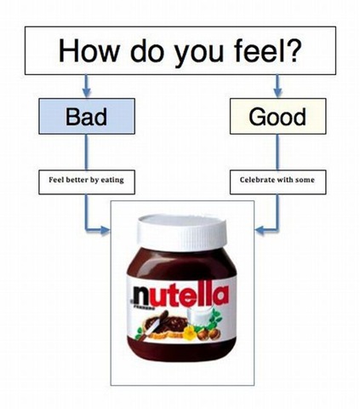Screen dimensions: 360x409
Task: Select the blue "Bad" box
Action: coord(87,116)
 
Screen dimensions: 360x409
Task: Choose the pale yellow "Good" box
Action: coord(277,116)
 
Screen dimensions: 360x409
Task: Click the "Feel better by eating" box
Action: coord(87,182)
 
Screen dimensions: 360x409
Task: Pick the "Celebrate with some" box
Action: coord(277,182)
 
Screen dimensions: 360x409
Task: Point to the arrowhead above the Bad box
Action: coord(87,93)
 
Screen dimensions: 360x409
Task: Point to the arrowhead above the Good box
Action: coord(277,93)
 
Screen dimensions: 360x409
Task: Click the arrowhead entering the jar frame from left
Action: coord(105,230)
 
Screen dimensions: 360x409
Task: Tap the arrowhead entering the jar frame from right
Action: coord(260,230)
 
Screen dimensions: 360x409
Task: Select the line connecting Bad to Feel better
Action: coord(87,152)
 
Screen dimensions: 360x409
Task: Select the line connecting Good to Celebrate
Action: coord(277,152)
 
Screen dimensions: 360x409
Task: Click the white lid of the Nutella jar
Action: coord(182,232)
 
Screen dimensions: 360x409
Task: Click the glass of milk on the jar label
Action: coord(199,318)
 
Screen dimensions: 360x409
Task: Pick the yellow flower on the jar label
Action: coord(190,332)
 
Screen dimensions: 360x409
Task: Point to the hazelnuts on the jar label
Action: coord(209,334)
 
